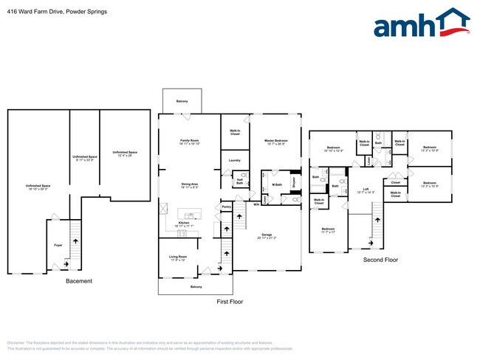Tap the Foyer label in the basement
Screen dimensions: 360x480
(58, 244)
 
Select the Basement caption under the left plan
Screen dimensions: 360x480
(79, 280)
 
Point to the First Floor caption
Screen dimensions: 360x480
(230, 301)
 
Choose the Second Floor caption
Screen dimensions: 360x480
(380, 260)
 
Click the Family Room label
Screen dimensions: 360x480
(191, 140)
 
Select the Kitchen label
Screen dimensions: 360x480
(184, 222)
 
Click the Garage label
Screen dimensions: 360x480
(267, 235)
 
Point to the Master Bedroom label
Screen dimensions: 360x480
(277, 140)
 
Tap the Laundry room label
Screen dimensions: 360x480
(235, 160)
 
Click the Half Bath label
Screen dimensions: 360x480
(240, 179)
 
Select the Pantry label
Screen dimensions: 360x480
(227, 207)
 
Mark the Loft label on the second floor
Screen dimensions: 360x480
(365, 190)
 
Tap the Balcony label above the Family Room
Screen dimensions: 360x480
(182, 102)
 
